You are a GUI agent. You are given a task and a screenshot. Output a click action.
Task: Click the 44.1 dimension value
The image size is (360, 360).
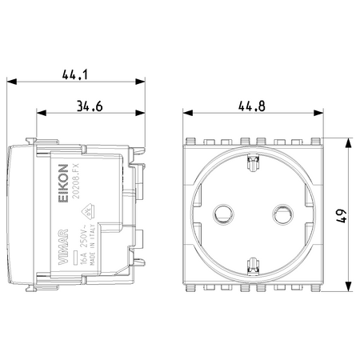75,74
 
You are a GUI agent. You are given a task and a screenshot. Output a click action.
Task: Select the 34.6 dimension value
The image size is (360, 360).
90,106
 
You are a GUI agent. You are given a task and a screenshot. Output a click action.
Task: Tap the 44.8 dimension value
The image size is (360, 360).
252,106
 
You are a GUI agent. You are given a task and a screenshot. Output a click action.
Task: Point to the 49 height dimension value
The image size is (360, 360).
342,215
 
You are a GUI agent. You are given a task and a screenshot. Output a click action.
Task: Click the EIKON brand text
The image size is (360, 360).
63,183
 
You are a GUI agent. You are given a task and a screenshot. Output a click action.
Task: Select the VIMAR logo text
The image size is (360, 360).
63,247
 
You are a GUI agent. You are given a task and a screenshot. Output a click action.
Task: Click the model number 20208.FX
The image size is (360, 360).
77,181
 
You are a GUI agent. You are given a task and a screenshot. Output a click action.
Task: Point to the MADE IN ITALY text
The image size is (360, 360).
93,245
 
